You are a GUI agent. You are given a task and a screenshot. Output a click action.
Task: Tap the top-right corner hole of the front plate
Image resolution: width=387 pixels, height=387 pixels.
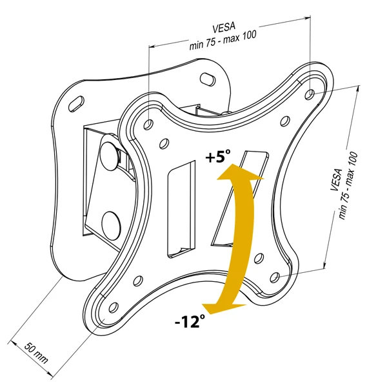point(309,94)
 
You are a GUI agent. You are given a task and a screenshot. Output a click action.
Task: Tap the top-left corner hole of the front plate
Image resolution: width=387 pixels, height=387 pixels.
point(148,123)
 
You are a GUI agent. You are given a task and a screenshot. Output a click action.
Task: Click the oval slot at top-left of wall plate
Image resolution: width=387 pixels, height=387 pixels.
point(75,103)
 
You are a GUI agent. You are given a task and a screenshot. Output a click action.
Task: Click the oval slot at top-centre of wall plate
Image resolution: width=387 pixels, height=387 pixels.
point(208,79)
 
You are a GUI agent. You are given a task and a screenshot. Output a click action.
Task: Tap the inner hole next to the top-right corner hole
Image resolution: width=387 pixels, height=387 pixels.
point(284,119)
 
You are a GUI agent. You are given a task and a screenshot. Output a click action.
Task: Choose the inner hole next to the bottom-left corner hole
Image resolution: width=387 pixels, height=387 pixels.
point(137,281)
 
